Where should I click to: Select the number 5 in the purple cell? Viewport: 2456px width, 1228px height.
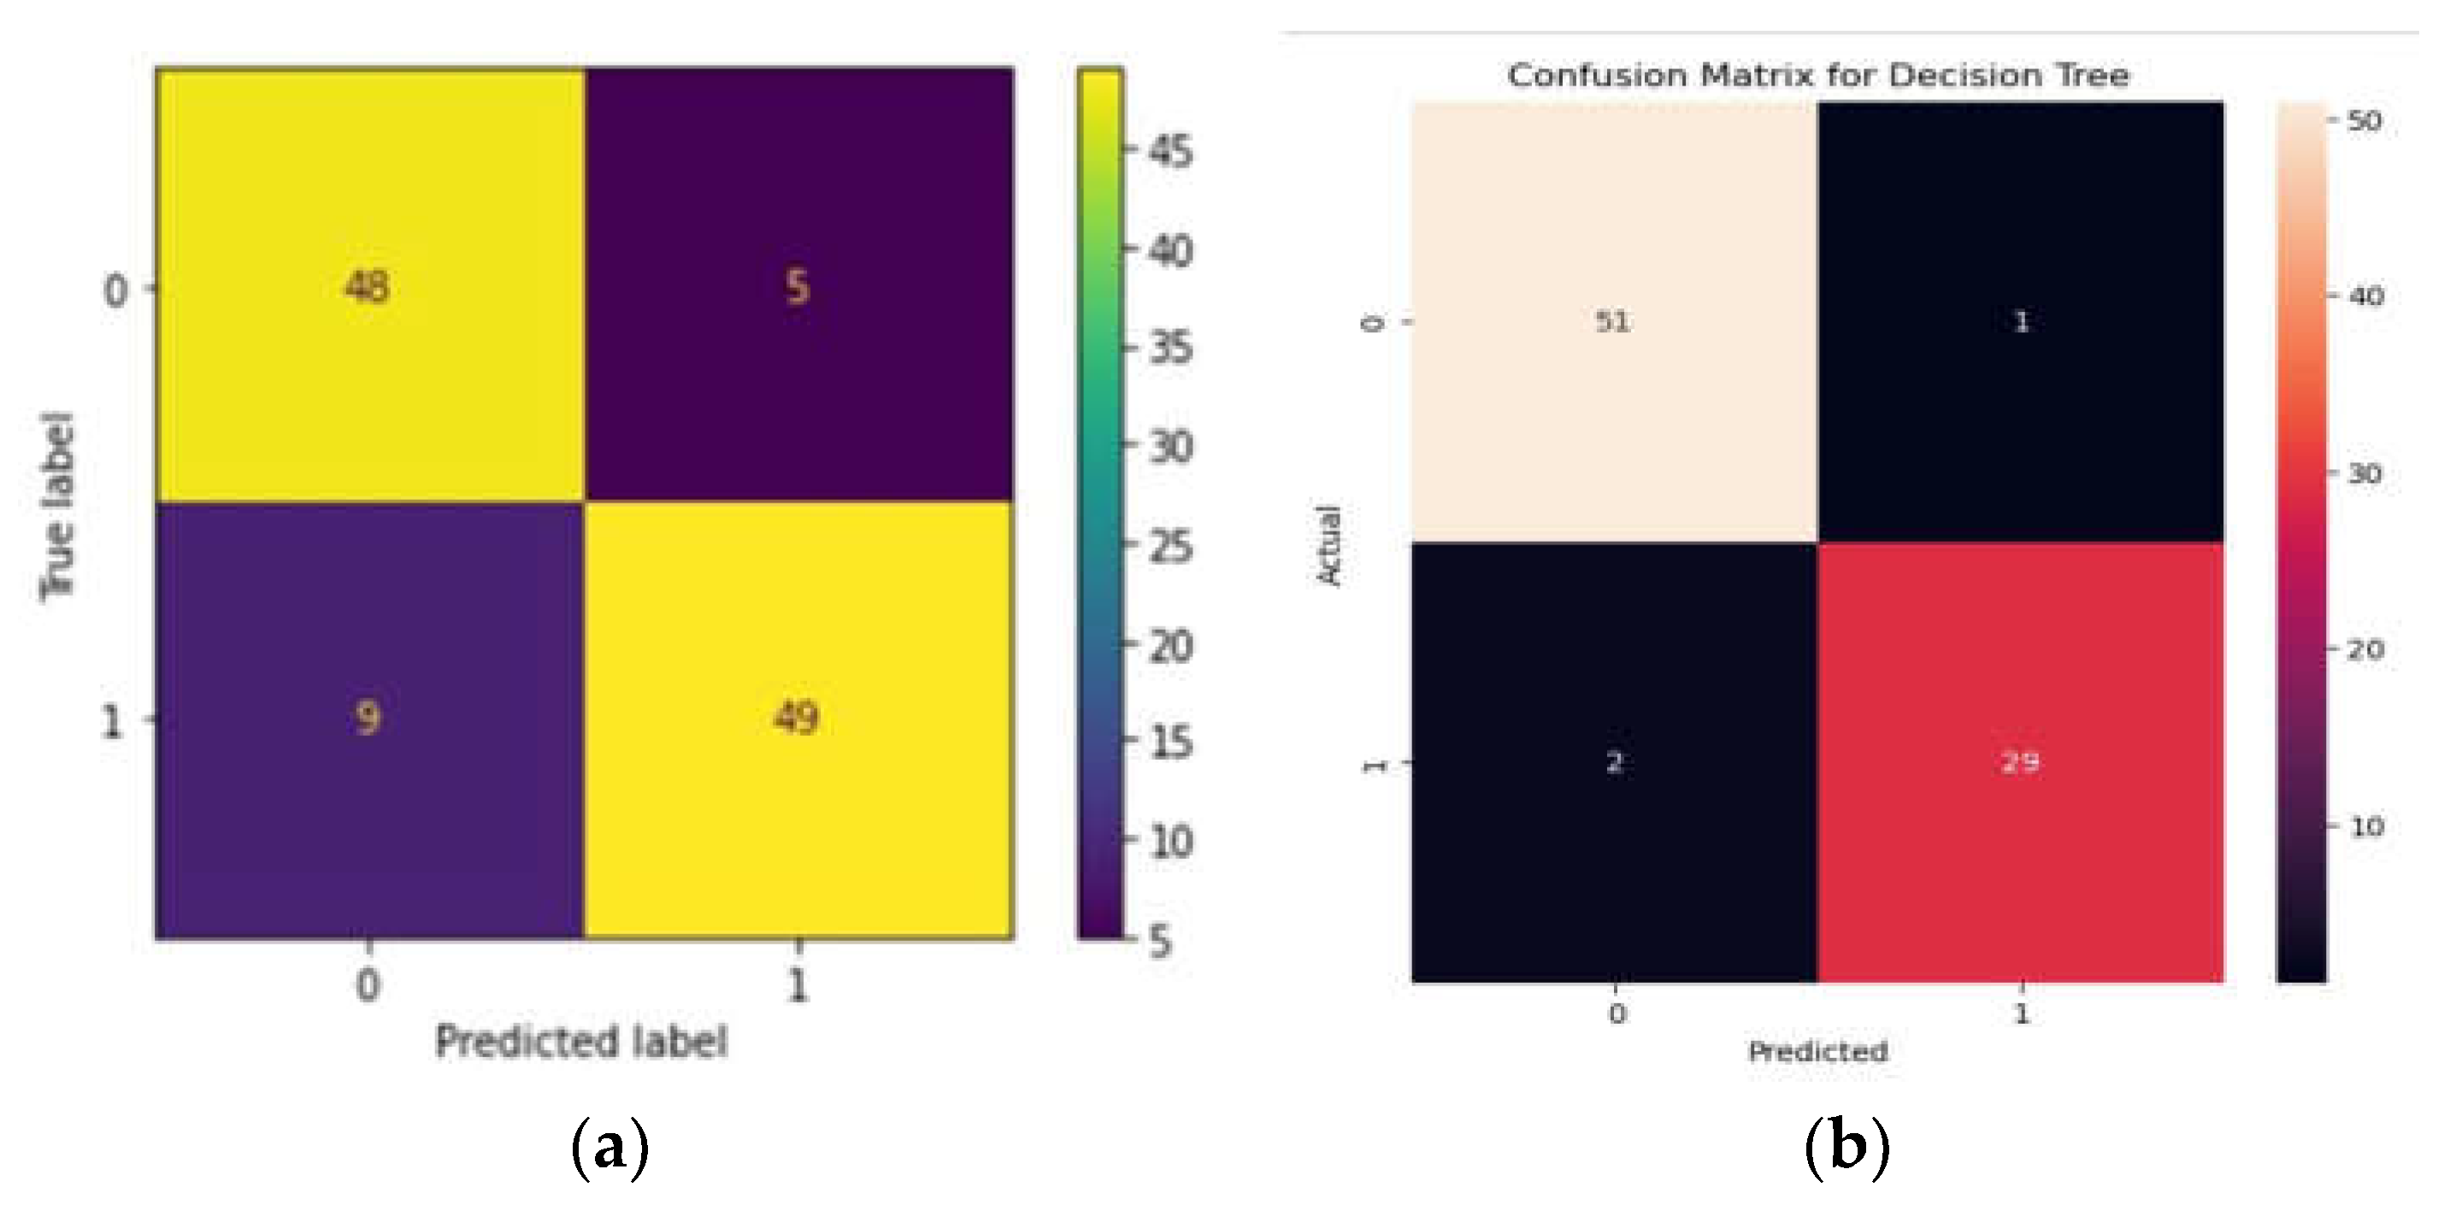tap(797, 286)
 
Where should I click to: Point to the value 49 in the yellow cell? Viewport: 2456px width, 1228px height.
tap(796, 717)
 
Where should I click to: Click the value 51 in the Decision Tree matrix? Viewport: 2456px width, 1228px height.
tap(1613, 321)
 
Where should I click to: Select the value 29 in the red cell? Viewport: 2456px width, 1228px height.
tap(2020, 761)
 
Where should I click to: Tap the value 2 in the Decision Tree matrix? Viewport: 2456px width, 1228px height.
tap(1614, 761)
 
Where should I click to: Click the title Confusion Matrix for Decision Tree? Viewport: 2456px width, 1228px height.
tap(1818, 75)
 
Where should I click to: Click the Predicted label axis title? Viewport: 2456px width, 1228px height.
tap(580, 1041)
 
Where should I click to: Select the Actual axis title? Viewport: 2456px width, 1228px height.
tap(1329, 545)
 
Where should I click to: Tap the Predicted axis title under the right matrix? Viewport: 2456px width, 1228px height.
tap(1817, 1052)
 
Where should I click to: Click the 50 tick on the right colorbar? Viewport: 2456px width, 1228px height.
tap(2365, 121)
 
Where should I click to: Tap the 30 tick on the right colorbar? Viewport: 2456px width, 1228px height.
tap(2365, 473)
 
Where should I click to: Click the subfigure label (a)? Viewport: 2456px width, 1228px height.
tap(610, 1148)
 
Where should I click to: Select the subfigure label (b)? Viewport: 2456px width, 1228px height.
tap(1846, 1148)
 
